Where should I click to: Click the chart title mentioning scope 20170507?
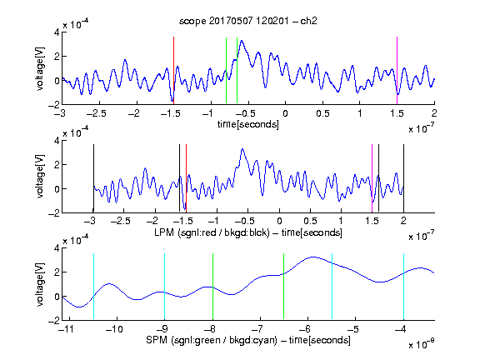[x=248, y=21]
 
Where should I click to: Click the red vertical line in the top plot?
[x=173, y=70]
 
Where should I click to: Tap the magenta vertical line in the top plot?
[x=397, y=70]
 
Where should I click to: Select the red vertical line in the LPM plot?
[x=186, y=178]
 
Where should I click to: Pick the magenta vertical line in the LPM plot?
[x=372, y=178]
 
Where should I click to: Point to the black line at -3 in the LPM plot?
[x=93, y=178]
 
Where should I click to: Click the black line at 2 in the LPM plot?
[x=403, y=178]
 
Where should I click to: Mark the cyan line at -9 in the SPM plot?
[x=164, y=286]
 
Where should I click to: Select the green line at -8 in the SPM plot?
[x=212, y=286]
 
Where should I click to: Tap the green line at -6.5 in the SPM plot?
[x=284, y=286]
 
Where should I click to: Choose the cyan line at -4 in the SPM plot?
[x=403, y=286]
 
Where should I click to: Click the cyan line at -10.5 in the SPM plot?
[x=93, y=286]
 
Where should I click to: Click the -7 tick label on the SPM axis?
[x=260, y=329]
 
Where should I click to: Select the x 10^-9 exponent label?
[x=422, y=344]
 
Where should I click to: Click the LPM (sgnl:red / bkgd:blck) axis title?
[x=248, y=232]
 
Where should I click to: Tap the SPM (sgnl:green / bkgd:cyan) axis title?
[x=248, y=340]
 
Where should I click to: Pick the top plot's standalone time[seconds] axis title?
[x=248, y=124]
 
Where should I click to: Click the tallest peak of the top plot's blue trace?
[x=242, y=40]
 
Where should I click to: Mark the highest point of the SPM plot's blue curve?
[x=312, y=257]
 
